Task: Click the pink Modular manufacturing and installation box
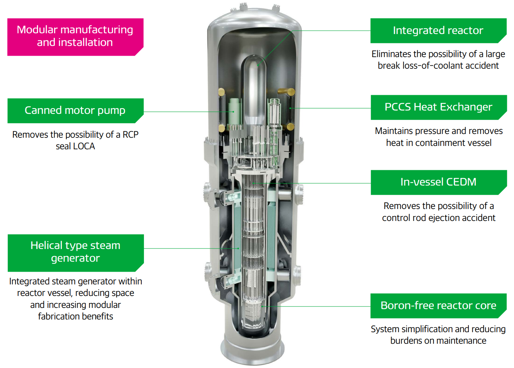click(75, 37)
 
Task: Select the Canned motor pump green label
click(75, 110)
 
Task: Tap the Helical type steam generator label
click(75, 252)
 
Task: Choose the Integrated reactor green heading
click(438, 31)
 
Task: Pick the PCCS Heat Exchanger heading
click(438, 107)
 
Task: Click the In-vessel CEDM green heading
click(438, 182)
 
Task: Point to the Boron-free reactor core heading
click(438, 306)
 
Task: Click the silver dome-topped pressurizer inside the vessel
click(255, 86)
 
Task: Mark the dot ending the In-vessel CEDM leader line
click(254, 183)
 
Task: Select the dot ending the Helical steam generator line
click(238, 248)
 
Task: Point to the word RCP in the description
click(131, 135)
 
